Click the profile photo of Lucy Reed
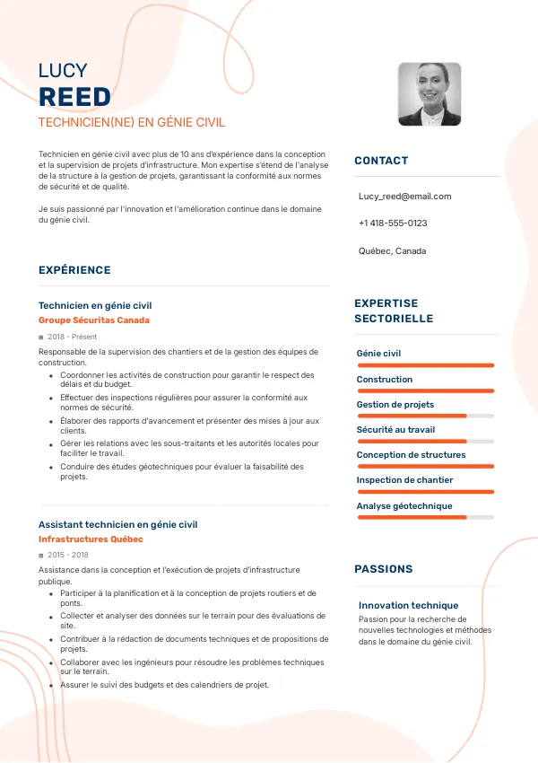point(429,94)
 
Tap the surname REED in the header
point(74,97)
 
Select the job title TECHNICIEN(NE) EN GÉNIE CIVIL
point(132,122)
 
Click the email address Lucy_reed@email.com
point(404,196)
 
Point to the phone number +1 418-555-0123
point(393,223)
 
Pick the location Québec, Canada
point(392,251)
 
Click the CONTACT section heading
point(381,161)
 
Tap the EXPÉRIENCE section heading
point(74,270)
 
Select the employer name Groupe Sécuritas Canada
point(94,320)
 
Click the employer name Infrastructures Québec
point(91,539)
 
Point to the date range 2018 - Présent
point(72,338)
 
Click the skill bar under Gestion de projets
point(425,416)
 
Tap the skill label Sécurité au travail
point(395,430)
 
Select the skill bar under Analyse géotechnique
point(425,517)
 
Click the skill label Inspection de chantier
point(404,480)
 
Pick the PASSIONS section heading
point(384,569)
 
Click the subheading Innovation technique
point(408,606)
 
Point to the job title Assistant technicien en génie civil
point(117,524)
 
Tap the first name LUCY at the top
point(63,71)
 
